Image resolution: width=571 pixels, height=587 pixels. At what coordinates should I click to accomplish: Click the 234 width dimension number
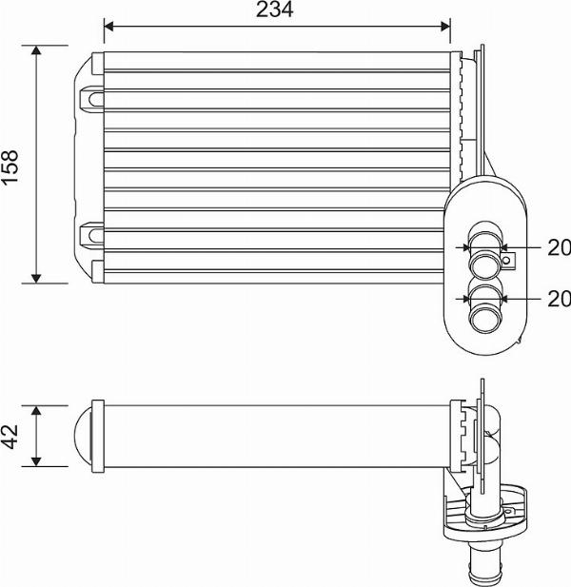(275, 10)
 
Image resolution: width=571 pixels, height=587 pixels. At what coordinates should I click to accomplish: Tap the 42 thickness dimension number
(10, 436)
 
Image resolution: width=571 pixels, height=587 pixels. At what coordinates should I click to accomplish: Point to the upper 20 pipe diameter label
(559, 248)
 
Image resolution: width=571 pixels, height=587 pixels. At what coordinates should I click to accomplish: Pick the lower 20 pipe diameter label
(559, 299)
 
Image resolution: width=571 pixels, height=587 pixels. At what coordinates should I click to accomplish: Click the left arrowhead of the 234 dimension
(108, 28)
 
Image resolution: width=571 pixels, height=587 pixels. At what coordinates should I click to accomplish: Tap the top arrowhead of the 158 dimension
(37, 50)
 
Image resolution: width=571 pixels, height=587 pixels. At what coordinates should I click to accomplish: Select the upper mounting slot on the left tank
(92, 96)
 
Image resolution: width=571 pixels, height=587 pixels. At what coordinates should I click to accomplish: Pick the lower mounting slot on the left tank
(92, 230)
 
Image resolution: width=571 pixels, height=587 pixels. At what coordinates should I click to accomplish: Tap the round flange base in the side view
(484, 519)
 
